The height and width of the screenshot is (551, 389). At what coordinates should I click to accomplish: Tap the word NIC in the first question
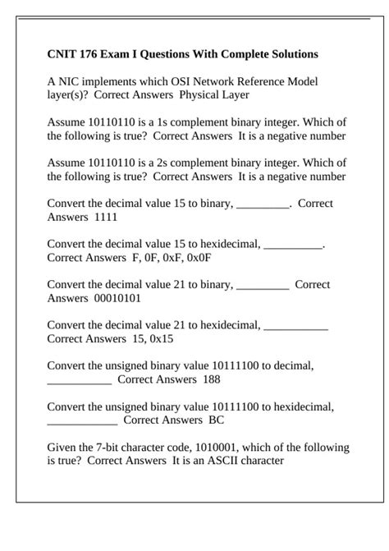coord(69,82)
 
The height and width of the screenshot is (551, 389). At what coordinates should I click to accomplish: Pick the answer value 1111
coord(106,217)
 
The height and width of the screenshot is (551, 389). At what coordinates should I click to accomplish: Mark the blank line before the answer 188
coord(79,381)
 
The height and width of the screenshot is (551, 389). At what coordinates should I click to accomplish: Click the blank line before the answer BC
coord(82,422)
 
